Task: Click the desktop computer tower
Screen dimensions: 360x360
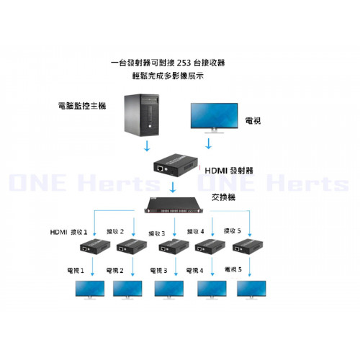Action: point(142,115)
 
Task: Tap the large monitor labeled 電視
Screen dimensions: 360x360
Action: point(215,118)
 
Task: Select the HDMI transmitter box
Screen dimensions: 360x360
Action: point(176,165)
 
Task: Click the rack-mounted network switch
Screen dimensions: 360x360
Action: point(174,205)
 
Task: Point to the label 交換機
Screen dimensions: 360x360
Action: point(223,197)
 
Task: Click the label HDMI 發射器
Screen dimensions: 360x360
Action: point(229,171)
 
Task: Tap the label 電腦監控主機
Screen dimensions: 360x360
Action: point(82,106)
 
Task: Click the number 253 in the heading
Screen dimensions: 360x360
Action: point(184,63)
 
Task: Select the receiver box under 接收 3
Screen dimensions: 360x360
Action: point(174,246)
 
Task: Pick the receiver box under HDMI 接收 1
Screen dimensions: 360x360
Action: point(95,246)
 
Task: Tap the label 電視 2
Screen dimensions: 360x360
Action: point(114,271)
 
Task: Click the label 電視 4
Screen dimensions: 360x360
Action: point(194,271)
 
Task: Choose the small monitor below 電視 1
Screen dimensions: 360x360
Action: point(90,290)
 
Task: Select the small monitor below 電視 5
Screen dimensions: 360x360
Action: point(251,290)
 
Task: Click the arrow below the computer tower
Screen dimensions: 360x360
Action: point(147,145)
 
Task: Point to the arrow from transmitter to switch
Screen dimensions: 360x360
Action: point(173,187)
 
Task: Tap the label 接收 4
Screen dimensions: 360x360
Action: point(195,231)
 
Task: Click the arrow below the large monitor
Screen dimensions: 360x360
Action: point(208,143)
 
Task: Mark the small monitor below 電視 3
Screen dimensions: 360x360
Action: point(169,290)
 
